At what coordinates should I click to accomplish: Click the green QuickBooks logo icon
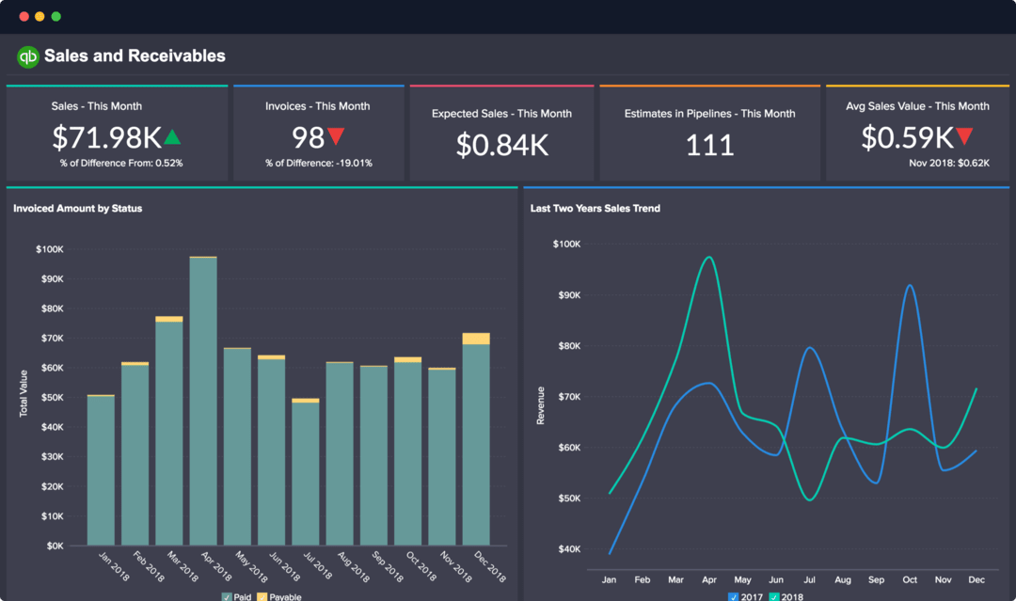click(27, 56)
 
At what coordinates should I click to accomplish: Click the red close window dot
click(24, 16)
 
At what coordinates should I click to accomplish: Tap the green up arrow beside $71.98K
click(172, 138)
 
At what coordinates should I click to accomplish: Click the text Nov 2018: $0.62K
click(949, 163)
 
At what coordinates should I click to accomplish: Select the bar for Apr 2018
click(203, 404)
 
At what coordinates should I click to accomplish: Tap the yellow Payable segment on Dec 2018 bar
click(476, 339)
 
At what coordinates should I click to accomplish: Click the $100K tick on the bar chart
click(49, 249)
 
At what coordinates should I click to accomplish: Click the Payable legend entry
click(279, 596)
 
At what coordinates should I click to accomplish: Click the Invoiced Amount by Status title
click(77, 208)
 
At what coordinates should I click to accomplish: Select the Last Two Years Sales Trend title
click(595, 208)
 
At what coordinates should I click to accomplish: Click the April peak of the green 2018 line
click(708, 257)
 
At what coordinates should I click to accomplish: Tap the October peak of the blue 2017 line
click(910, 285)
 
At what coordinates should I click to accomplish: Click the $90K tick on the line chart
click(566, 294)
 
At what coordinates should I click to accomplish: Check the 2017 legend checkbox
click(734, 596)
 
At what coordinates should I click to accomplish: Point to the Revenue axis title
click(541, 404)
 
